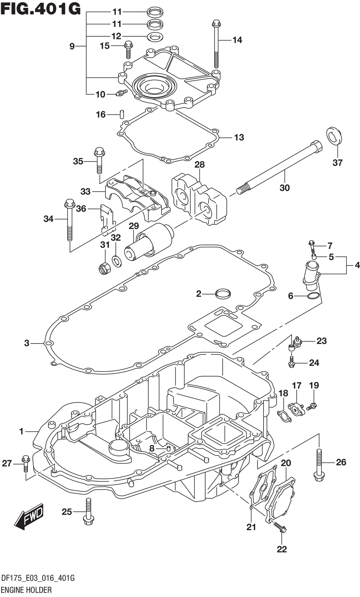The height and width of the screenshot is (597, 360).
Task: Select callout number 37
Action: click(x=337, y=163)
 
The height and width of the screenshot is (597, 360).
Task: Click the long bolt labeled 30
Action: click(x=279, y=167)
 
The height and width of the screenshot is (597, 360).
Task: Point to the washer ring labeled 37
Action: click(x=334, y=136)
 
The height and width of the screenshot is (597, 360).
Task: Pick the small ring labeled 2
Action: click(x=223, y=293)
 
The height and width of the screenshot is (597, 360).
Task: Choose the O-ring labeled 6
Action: click(x=313, y=296)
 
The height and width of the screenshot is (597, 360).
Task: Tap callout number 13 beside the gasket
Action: click(x=239, y=138)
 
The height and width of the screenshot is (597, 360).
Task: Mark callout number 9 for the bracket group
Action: click(x=72, y=46)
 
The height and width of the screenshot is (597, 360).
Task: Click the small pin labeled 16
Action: click(x=122, y=114)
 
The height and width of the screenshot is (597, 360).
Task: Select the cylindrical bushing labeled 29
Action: click(x=149, y=242)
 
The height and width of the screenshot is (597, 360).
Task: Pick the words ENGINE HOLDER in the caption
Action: click(x=26, y=589)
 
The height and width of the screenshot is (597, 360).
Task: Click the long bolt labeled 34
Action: click(x=69, y=220)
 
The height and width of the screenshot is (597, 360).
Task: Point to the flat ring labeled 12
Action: click(x=155, y=36)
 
